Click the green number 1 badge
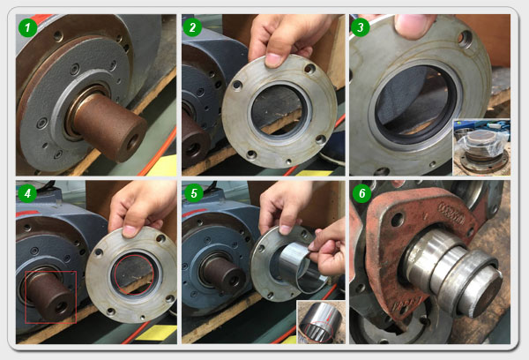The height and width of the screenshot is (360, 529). (x=27, y=27)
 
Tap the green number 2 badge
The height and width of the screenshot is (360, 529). (x=192, y=27)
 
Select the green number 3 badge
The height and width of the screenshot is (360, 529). (x=361, y=27)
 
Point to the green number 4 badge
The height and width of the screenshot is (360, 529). (x=27, y=193)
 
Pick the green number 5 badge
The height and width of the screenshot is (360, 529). (x=194, y=193)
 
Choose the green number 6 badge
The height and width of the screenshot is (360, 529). (x=361, y=193)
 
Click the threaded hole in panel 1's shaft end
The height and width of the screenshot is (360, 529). (x=131, y=142)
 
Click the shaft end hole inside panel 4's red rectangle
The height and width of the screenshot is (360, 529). (x=62, y=307)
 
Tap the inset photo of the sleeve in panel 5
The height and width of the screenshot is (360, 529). (x=321, y=322)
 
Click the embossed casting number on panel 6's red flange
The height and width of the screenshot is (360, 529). (x=451, y=214)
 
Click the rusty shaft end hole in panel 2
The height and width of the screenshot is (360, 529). (x=192, y=150)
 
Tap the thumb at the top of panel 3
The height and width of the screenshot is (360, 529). (x=414, y=26)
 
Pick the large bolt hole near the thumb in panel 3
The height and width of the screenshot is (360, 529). (x=465, y=39)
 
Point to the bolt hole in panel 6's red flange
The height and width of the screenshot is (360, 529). (x=399, y=220)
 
